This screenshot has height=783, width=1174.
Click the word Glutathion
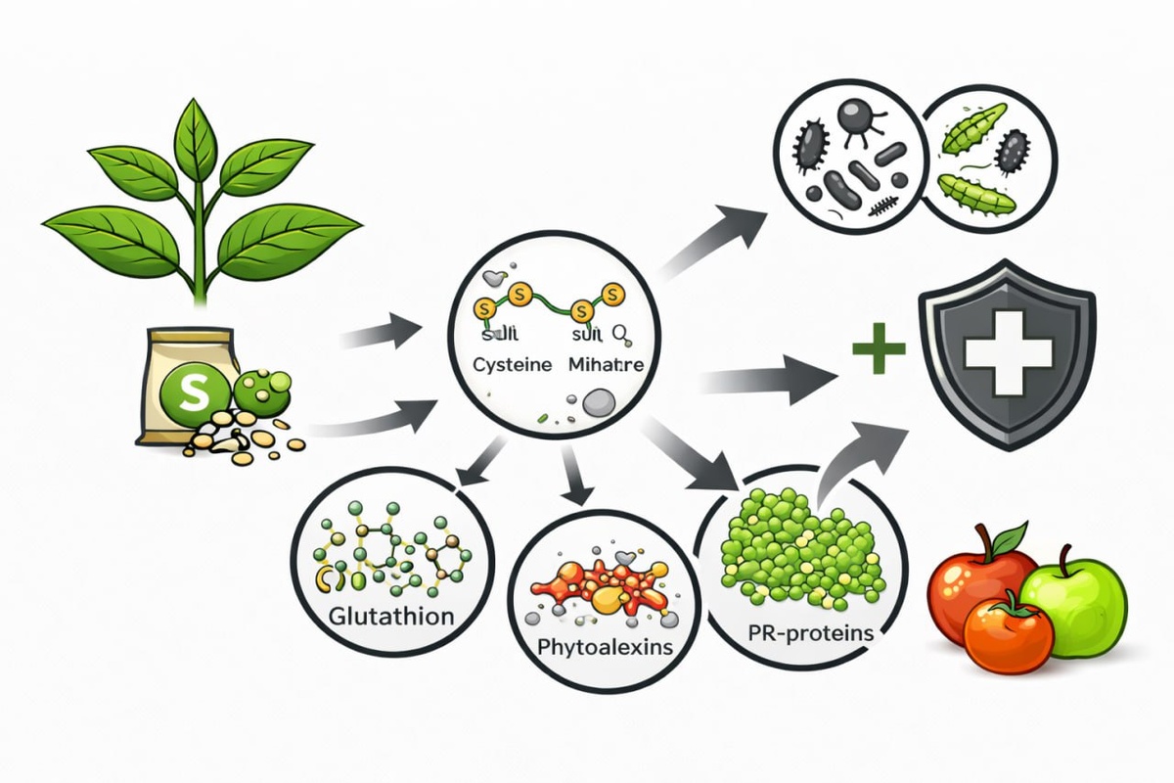(391, 618)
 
